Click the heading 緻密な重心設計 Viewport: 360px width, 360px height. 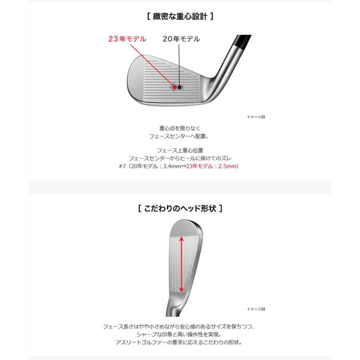tap(180, 17)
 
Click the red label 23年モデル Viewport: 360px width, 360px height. tap(127, 39)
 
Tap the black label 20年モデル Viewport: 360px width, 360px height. tap(181, 39)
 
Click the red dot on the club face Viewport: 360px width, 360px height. tap(175, 87)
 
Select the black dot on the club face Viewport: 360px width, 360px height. tap(180, 87)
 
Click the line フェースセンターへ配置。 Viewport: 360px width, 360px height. tap(180, 136)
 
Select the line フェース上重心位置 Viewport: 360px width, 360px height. tap(180, 150)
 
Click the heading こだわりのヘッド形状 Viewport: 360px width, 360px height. tap(180, 209)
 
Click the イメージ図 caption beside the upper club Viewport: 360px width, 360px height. tap(256, 117)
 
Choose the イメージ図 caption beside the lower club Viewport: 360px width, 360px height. tap(256, 309)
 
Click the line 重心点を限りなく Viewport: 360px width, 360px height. tap(180, 128)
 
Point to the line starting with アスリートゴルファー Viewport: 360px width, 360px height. tap(180, 342)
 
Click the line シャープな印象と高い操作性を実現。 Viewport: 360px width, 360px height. tap(180, 334)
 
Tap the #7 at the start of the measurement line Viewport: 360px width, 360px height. tap(122, 166)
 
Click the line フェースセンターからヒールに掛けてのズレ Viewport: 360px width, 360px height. tap(180, 158)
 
